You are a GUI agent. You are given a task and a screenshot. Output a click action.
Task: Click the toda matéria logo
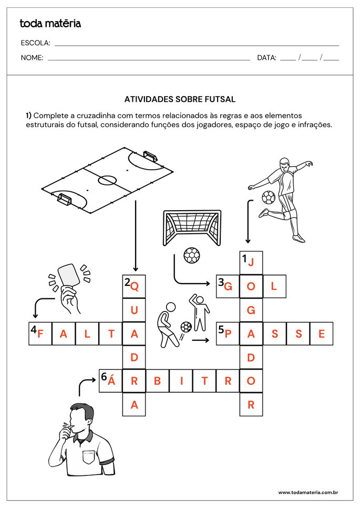(x=50, y=23)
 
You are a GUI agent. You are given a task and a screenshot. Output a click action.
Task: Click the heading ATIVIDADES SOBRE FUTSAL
(x=180, y=99)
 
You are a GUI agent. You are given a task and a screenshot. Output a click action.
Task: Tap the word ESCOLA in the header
(x=35, y=43)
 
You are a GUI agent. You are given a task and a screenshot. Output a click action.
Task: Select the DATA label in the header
(x=266, y=58)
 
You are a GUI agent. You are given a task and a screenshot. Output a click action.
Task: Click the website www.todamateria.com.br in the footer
(x=307, y=492)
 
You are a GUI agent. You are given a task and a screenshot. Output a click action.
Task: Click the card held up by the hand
(x=68, y=274)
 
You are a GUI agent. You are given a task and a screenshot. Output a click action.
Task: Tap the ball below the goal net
(x=192, y=256)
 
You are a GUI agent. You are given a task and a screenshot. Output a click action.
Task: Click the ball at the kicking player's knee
(x=268, y=198)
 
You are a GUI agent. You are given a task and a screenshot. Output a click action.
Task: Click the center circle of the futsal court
(x=107, y=180)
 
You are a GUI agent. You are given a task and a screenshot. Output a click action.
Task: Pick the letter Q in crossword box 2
(x=135, y=286)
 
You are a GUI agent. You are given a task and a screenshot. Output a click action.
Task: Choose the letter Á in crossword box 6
(x=111, y=381)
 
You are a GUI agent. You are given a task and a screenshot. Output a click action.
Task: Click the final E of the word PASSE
(x=322, y=334)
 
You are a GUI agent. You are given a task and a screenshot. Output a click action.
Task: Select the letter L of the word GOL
(x=274, y=286)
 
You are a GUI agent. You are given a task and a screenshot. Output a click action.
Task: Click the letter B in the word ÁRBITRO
(x=157, y=381)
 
